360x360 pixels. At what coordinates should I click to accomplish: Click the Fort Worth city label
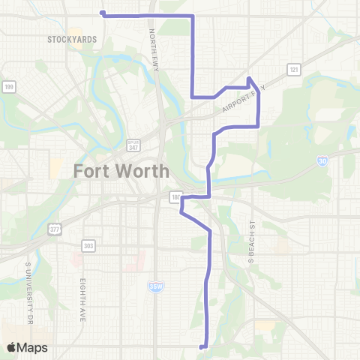(121, 171)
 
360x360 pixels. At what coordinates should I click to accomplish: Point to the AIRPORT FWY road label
(243, 100)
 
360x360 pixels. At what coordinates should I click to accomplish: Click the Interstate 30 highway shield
(322, 160)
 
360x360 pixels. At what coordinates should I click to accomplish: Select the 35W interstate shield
(156, 286)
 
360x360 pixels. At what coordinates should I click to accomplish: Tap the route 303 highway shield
(89, 245)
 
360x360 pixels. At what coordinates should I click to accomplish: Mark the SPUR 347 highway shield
(133, 145)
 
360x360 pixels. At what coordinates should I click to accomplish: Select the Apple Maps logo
(27, 347)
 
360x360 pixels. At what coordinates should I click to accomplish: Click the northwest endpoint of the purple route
(103, 13)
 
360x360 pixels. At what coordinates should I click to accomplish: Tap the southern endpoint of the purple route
(201, 346)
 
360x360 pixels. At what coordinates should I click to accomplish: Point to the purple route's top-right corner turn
(193, 15)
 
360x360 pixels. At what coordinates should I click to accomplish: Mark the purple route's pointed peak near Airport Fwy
(249, 78)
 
